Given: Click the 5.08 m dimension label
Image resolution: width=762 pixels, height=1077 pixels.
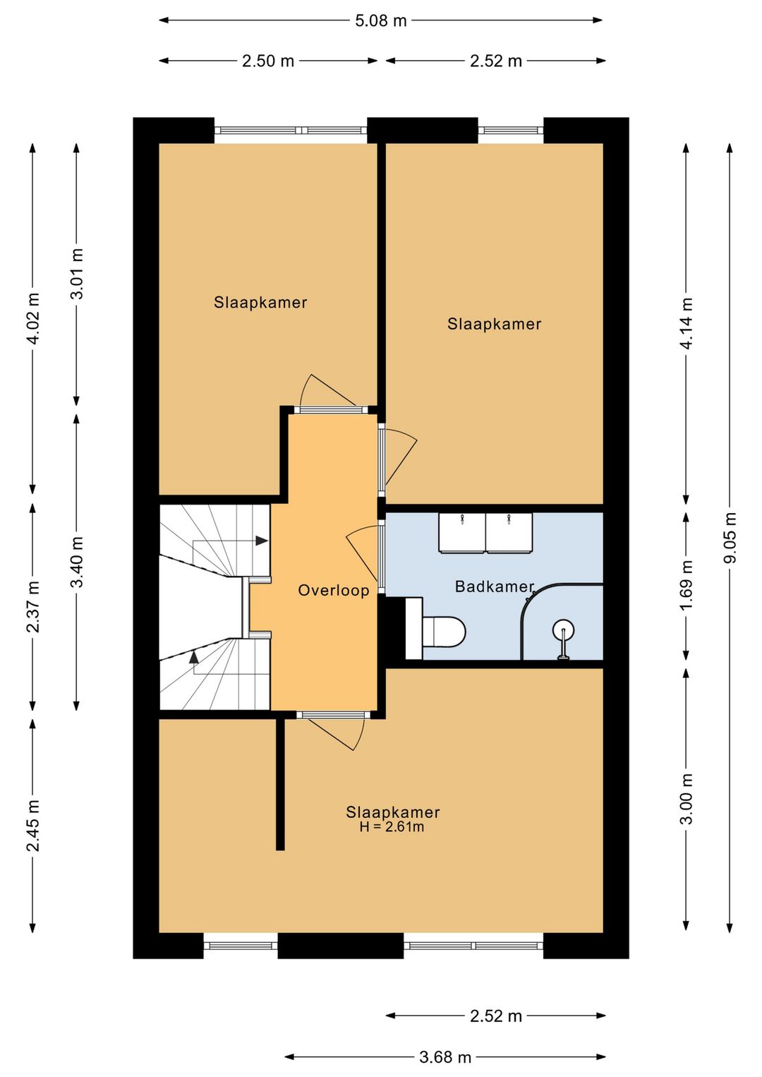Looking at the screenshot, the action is coord(381,20).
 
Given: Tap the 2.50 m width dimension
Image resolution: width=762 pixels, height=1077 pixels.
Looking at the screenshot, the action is coord(268,61).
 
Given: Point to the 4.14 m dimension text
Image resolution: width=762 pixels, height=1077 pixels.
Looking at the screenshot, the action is coord(687,323).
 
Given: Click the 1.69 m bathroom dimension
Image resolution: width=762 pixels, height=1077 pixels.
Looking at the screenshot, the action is coord(687,584).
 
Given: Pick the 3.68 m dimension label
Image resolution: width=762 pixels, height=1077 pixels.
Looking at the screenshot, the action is coord(445,1057).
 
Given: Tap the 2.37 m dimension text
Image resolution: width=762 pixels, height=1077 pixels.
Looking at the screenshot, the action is coord(33,607).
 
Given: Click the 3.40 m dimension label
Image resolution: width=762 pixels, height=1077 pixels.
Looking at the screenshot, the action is coord(77,561).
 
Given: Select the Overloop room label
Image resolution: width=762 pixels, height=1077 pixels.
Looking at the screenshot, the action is coord(334,590).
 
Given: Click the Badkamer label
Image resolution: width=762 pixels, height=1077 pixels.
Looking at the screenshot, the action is coord(495,586).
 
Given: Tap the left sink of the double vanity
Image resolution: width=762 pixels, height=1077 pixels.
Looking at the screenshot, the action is coord(461,532).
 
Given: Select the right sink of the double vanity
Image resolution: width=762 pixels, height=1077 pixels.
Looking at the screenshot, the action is coord(509,532).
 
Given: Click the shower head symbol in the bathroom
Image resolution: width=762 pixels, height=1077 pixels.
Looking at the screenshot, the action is coord(563,630).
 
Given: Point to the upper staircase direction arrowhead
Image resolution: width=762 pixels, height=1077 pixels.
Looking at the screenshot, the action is coord(262,541).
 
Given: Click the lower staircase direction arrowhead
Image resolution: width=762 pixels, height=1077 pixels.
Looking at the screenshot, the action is coord(194,656).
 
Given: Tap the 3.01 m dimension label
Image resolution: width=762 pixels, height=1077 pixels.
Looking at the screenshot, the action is coord(77,274).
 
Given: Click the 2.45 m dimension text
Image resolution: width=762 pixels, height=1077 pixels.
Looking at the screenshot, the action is coord(33,825).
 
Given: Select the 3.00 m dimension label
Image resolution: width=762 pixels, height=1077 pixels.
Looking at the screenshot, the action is coord(687,799).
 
